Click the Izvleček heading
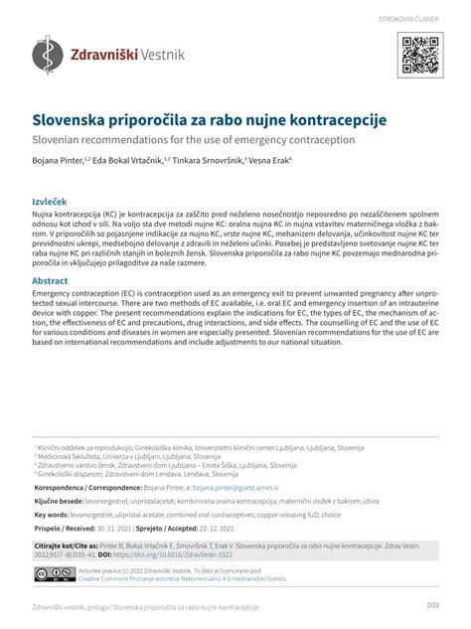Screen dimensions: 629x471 point(53,201)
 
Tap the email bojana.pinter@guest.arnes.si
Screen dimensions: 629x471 point(236,489)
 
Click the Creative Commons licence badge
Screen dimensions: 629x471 point(48,575)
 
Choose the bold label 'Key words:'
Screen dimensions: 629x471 point(57,516)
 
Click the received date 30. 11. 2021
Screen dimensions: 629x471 point(110,530)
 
